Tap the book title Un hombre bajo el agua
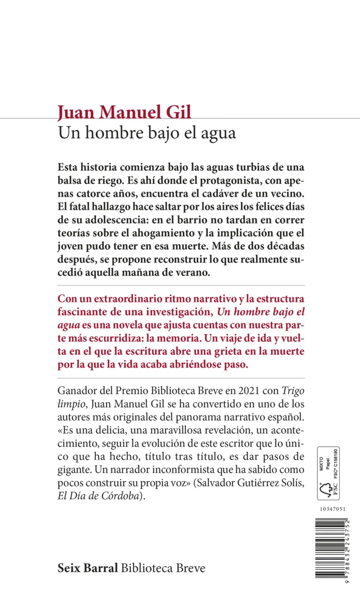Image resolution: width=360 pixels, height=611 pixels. point(147,133)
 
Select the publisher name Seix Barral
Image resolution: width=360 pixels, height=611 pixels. point(89,568)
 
